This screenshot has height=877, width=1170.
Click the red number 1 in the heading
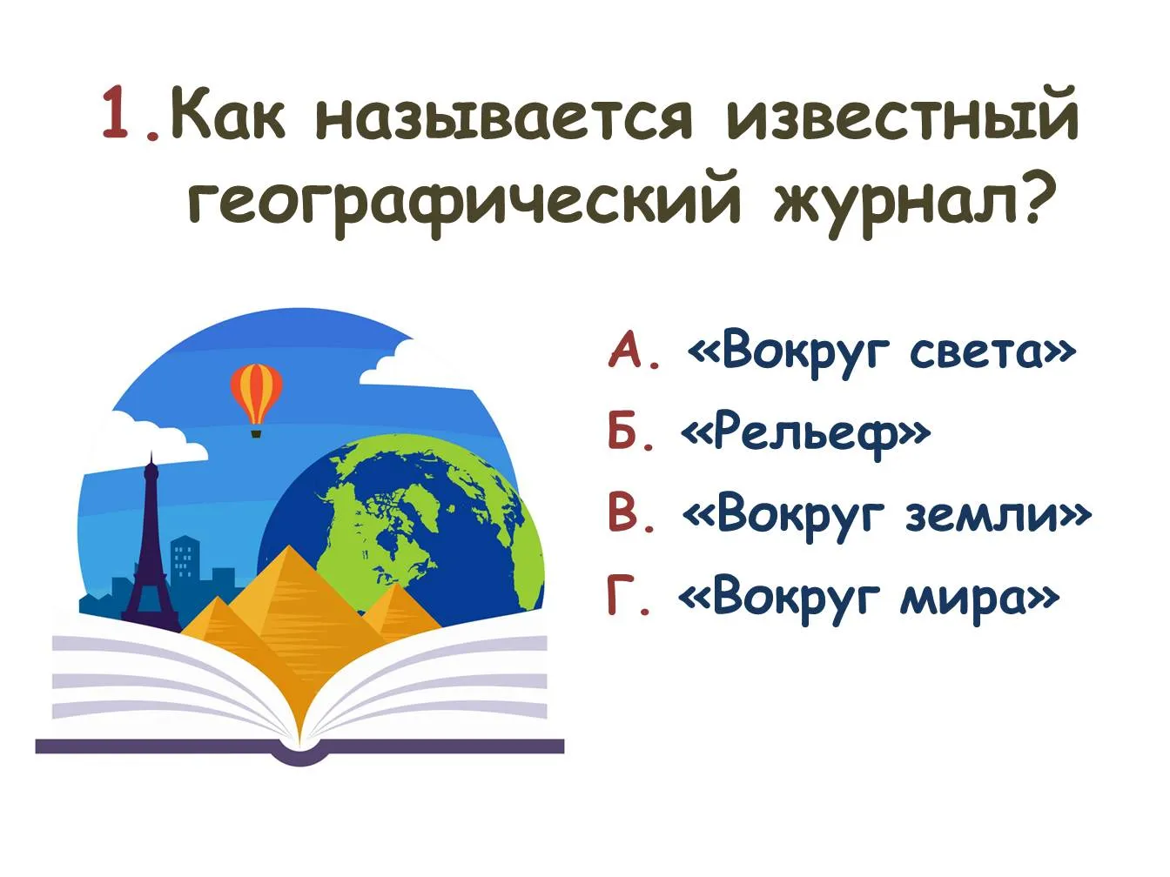[116, 112]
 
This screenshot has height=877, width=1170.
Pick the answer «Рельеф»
[806, 437]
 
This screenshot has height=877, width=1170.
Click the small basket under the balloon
[257, 433]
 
